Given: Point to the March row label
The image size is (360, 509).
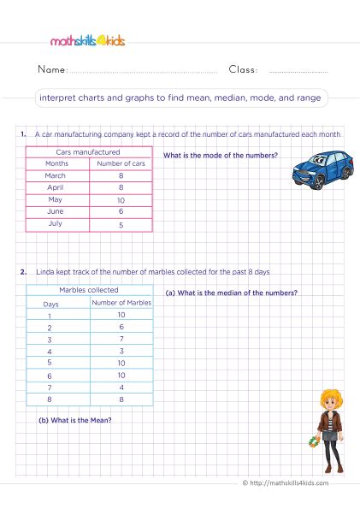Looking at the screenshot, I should pyautogui.click(x=56, y=175).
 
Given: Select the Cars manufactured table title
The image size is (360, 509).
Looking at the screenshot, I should pyautogui.click(x=89, y=151).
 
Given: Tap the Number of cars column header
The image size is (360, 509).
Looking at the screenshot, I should pyautogui.click(x=121, y=163).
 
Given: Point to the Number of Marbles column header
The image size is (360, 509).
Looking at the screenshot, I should pyautogui.click(x=121, y=302).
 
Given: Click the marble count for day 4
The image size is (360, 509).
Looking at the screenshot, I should pyautogui.click(x=121, y=351).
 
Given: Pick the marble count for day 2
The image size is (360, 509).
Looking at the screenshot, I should pyautogui.click(x=121, y=327).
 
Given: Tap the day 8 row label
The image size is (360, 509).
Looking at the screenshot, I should pyautogui.click(x=49, y=399).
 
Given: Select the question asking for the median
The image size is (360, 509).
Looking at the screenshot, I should pyautogui.click(x=232, y=293).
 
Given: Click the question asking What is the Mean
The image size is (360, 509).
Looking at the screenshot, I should pyautogui.click(x=76, y=420).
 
